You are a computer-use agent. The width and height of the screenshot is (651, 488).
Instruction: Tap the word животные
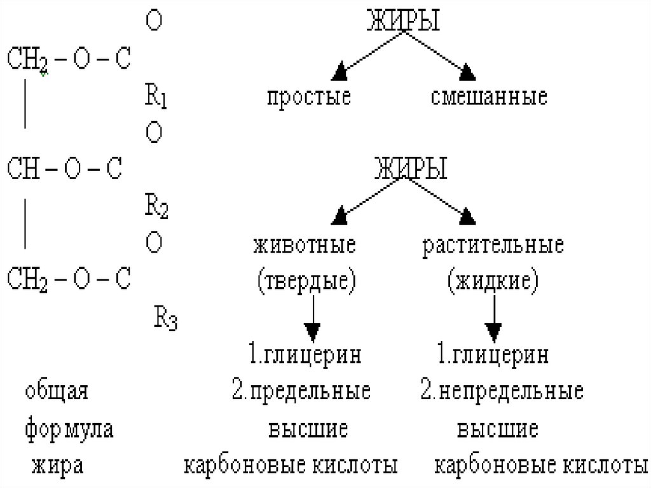click(305, 246)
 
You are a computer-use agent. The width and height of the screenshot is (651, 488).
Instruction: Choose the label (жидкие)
click(493, 280)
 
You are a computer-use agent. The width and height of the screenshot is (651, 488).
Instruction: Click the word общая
click(57, 391)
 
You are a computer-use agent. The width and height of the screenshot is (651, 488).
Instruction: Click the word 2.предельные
click(301, 391)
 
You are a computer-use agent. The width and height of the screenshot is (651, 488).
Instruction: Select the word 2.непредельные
click(502, 391)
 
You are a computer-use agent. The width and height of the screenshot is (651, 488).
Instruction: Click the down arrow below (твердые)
click(312, 331)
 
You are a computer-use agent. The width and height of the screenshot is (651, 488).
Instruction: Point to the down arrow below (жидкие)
click(495, 331)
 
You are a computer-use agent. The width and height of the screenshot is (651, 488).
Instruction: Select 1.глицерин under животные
click(305, 355)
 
